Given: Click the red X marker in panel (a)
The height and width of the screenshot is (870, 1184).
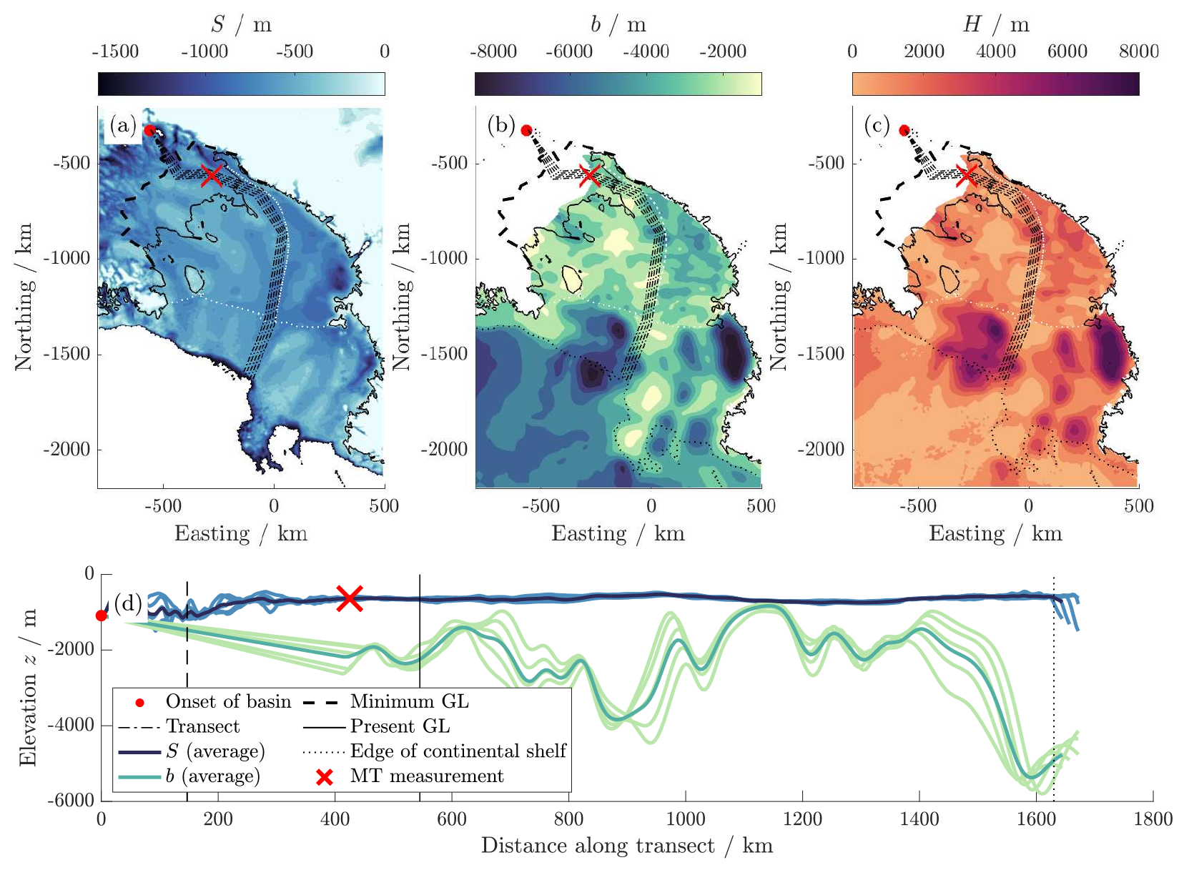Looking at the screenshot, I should point(211,175).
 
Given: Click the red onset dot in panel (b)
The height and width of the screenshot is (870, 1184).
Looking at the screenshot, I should point(527,130).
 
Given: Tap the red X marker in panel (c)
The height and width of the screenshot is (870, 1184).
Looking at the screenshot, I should point(967,175).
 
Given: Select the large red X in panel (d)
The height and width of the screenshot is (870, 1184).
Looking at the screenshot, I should point(350,598).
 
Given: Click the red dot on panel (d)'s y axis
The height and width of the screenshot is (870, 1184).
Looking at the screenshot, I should point(102,616).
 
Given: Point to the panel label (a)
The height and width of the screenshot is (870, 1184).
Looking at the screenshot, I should point(123,127).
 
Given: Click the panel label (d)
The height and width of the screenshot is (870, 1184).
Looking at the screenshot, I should point(129,603).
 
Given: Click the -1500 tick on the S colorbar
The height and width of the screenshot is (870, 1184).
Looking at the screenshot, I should point(115,51).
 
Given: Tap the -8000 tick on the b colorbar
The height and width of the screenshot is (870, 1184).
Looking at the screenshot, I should point(493,51).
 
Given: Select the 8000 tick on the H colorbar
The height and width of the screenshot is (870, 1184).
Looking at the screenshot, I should point(1138,51).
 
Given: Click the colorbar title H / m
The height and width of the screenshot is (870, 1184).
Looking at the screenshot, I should point(995,25).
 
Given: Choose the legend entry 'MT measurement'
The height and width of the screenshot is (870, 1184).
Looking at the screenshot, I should point(426,776).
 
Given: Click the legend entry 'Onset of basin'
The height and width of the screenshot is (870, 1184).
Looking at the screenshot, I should point(228,702).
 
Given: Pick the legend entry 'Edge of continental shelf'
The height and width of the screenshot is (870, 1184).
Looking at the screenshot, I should point(458,751).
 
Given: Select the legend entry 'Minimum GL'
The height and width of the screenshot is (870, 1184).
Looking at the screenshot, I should point(409,702).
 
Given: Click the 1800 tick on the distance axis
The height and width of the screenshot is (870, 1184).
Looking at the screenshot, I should point(1153,819).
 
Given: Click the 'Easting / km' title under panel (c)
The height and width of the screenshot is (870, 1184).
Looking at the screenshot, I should point(995,534).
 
